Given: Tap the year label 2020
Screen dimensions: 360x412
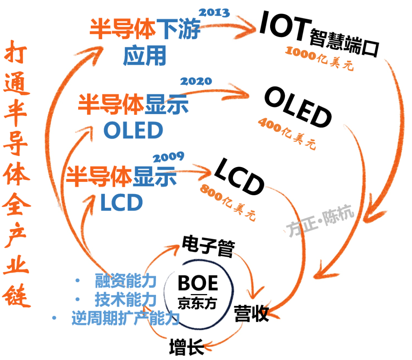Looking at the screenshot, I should [x=195, y=81].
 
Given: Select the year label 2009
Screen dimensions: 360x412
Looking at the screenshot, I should [x=168, y=157].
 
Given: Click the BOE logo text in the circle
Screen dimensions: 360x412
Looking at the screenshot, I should [x=198, y=284].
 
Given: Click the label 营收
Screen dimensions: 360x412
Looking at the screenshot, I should [x=251, y=313].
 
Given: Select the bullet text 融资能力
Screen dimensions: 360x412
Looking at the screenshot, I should [x=126, y=281].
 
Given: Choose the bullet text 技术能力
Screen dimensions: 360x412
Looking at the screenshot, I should [x=126, y=300].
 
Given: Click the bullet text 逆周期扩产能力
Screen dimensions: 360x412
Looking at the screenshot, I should [x=126, y=318].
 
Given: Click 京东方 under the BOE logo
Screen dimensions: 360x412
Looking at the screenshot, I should [x=197, y=303].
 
